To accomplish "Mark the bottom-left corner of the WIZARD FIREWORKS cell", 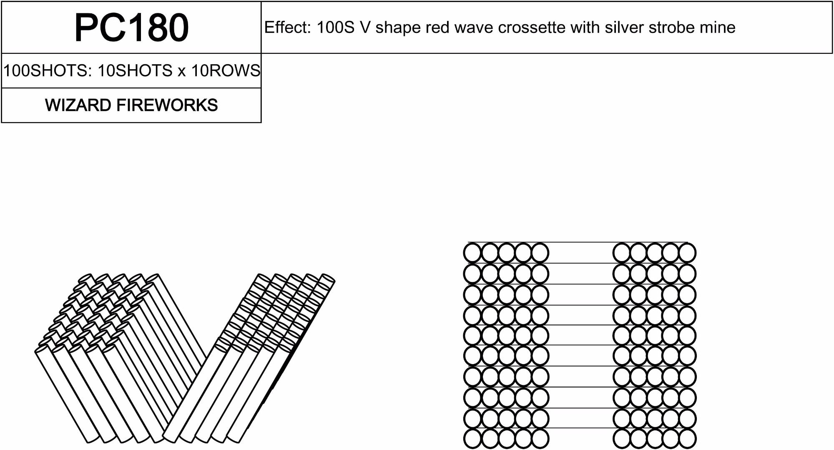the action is [x=2, y=122].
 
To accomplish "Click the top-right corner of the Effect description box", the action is [x=832, y=2].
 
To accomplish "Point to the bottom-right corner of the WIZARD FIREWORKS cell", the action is [x=261, y=122].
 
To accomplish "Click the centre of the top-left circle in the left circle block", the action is [x=473, y=253].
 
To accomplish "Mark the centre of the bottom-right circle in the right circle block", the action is [x=687, y=439].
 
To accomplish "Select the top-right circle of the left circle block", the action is [x=540, y=253].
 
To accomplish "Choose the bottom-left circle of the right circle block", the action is [x=622, y=439].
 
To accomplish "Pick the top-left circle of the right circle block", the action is [x=622, y=253].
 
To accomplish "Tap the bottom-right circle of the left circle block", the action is [x=540, y=439].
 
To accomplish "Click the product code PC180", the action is [x=131, y=28].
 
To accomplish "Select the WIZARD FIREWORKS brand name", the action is [x=131, y=105].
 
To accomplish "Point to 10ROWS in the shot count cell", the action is [x=226, y=70].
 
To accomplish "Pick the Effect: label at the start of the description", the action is [x=288, y=28].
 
